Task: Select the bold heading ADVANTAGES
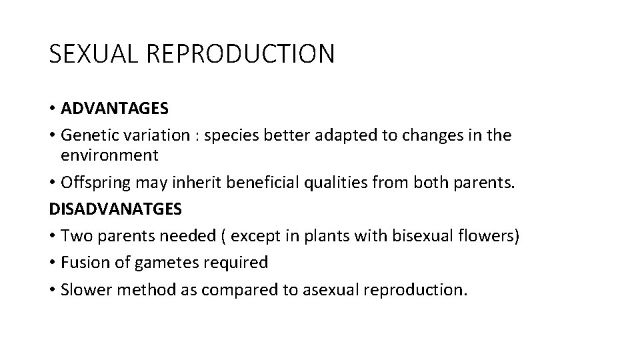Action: click(114, 107)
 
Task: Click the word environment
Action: click(109, 155)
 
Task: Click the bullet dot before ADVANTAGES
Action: click(52, 108)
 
